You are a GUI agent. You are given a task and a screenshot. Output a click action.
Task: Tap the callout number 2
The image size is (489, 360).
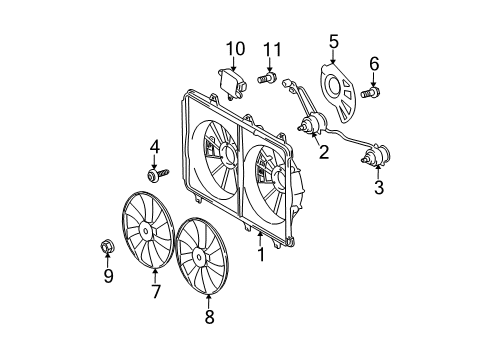pos(323,153)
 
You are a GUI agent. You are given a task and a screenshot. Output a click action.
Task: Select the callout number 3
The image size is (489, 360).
pos(378,186)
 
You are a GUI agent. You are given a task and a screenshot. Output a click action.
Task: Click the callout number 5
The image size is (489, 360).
pos(334,42)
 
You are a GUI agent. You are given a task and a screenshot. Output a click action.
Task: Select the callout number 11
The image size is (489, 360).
pos(269,49)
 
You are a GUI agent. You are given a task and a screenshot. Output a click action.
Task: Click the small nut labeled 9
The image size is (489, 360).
pos(109,244)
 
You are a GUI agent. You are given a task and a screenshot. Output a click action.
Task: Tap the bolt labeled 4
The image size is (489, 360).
pos(158,176)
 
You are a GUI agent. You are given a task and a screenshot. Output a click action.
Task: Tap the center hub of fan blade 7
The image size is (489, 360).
pos(146,232)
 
